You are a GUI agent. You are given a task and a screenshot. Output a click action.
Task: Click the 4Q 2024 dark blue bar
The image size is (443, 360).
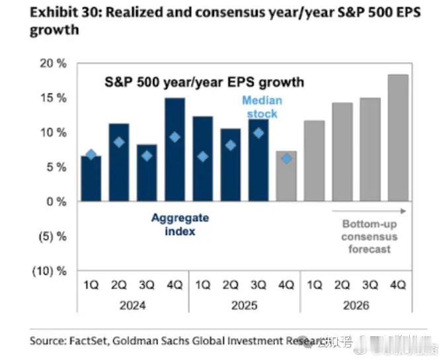(175, 150)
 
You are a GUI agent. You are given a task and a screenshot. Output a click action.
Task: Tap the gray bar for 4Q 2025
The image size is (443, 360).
(286, 176)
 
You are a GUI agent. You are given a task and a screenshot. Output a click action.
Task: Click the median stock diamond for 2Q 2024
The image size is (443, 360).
(119, 142)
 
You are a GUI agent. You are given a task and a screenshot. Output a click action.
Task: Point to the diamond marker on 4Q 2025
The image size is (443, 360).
(286, 159)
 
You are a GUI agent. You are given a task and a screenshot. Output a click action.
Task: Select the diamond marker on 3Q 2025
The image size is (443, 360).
(259, 133)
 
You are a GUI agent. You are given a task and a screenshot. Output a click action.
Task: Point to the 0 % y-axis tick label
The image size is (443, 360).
(55, 202)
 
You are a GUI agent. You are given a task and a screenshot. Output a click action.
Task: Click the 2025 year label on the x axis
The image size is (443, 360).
(244, 306)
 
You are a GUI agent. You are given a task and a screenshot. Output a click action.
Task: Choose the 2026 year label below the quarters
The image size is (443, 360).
(356, 306)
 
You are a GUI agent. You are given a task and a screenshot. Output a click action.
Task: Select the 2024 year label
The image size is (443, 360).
(133, 306)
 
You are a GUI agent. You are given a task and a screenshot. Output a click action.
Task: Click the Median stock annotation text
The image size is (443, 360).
(262, 107)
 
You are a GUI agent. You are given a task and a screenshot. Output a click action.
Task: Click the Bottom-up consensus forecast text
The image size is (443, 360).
(370, 237)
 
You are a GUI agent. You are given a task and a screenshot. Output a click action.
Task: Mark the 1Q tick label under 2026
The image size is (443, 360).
(314, 285)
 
